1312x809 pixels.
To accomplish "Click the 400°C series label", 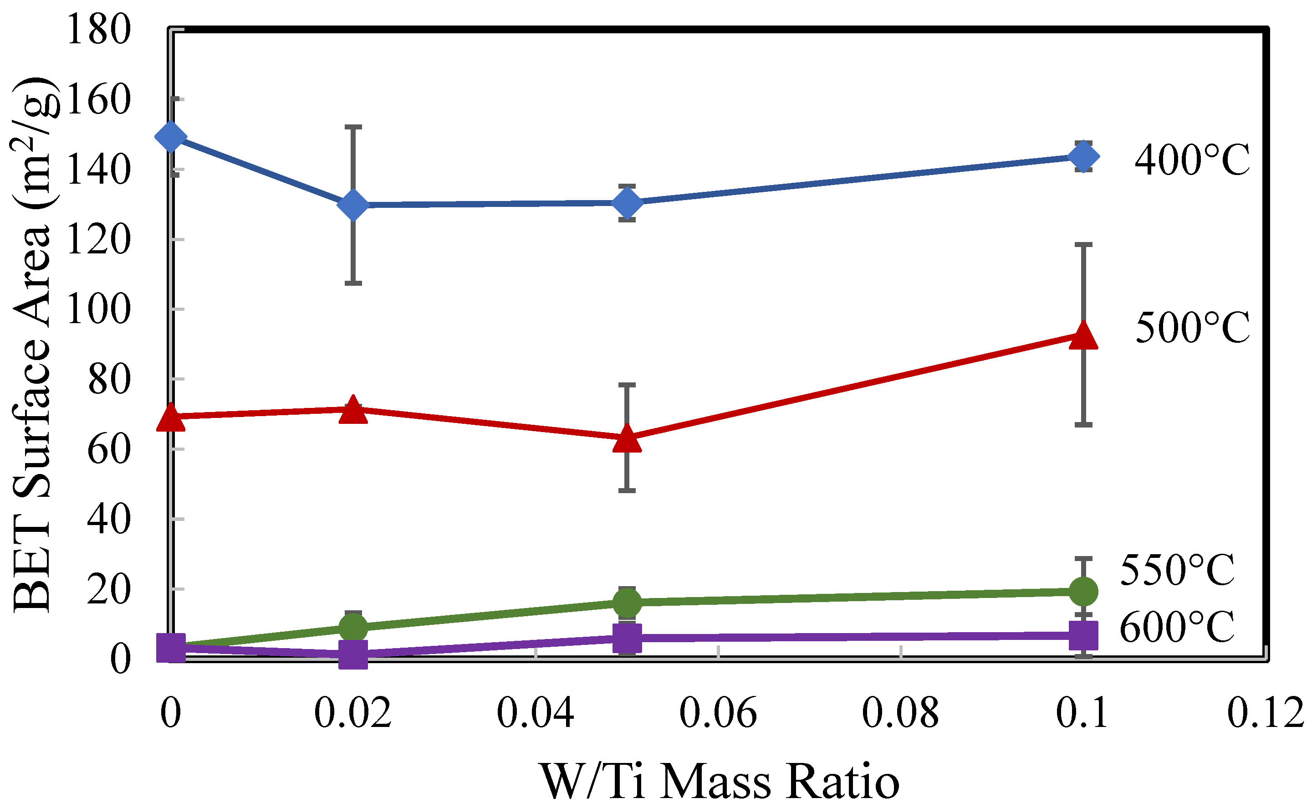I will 1192,160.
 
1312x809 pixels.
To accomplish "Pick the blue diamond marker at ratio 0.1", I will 1083,157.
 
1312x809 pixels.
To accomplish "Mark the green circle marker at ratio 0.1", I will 1083,592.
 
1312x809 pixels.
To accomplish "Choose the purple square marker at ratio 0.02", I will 353,655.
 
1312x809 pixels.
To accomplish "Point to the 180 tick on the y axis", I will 98,30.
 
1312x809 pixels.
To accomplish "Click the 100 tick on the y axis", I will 98,309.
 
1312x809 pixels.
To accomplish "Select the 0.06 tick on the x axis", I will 718,714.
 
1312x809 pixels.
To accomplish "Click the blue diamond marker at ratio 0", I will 171,136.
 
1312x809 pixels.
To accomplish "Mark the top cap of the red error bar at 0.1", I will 1083,244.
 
